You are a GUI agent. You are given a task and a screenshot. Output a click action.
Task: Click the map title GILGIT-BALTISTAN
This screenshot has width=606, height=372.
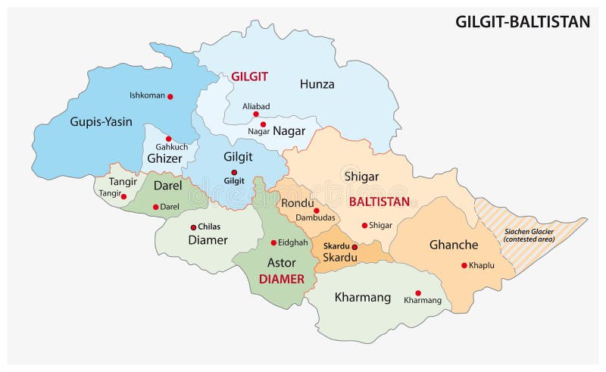522,21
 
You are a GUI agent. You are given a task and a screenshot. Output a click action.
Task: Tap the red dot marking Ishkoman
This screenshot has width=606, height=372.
170,96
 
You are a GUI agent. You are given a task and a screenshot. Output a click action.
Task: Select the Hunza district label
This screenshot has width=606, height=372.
317,84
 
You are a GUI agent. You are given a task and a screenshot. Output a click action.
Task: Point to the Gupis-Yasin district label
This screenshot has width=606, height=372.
101,121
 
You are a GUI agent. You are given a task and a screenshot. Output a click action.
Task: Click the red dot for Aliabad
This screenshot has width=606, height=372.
256,114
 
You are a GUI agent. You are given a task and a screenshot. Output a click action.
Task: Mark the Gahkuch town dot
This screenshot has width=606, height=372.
169,139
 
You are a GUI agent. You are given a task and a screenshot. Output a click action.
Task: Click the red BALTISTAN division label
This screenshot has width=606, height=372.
379,202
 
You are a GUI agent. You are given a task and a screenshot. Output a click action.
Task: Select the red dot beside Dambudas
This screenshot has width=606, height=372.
317,211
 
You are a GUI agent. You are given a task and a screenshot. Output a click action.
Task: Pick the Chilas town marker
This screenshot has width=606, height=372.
194,227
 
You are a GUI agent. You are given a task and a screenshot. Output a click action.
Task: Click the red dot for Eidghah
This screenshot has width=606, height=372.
273,242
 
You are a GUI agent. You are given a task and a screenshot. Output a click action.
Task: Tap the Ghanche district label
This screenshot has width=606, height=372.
453,245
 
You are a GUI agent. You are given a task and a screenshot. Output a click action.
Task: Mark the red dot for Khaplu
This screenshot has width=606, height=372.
464,265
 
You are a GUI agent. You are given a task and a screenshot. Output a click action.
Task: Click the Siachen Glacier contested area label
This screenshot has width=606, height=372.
529,234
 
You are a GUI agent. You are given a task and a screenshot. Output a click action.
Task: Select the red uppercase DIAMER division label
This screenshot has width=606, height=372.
281,279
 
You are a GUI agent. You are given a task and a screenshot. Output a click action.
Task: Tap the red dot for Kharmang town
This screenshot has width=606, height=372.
417,292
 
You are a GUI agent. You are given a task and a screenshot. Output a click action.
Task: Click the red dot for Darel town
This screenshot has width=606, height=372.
156,207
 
